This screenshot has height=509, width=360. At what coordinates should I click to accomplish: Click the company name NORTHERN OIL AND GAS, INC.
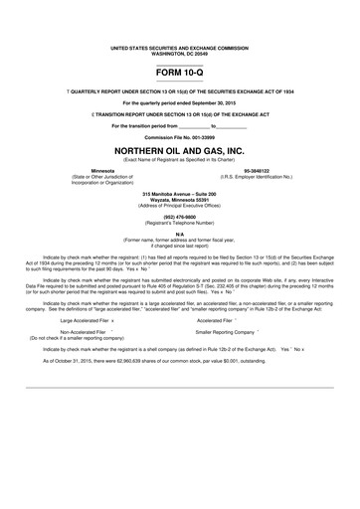[179, 149]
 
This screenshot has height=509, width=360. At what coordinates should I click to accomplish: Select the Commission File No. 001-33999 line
[179, 135]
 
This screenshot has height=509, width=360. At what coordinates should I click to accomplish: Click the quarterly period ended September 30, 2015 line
[179, 102]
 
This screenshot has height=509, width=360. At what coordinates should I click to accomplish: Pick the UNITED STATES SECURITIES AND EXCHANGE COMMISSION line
[179, 47]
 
